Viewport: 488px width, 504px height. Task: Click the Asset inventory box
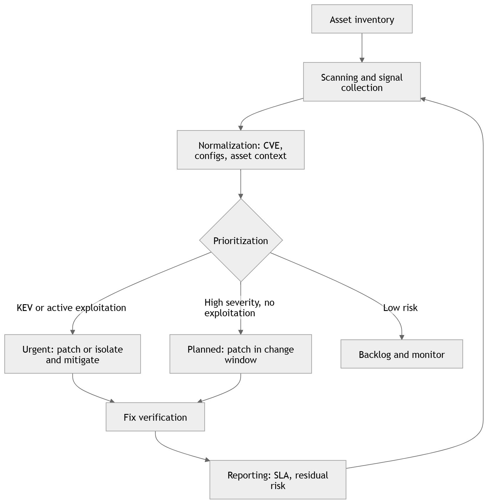pos(362,19)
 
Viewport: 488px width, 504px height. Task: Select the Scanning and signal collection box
pos(362,82)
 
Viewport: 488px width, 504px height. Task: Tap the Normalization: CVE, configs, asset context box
pos(241,150)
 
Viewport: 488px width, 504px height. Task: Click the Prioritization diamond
pos(241,241)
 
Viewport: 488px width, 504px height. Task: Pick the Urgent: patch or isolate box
pos(72,354)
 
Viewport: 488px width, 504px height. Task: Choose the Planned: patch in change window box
pos(241,354)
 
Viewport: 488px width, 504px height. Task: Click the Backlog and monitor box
pos(402,354)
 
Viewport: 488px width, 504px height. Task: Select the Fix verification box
pos(155,417)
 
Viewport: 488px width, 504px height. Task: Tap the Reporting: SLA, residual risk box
pos(278,480)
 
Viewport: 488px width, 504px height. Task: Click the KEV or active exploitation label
pos(71,307)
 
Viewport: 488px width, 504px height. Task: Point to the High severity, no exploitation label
pos(239,307)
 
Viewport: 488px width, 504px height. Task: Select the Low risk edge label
pos(400,307)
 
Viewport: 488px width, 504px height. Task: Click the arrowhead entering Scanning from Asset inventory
pos(362,60)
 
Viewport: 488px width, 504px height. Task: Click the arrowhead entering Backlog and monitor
pos(402,337)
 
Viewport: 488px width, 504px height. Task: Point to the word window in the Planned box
pos(241,360)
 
